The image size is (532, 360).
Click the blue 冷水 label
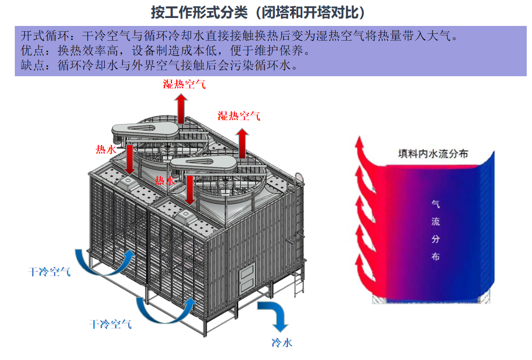[x=281, y=343]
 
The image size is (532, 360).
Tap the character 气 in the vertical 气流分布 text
[x=435, y=204]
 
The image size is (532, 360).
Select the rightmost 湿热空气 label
[x=239, y=116]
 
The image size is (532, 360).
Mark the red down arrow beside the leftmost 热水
[x=129, y=160]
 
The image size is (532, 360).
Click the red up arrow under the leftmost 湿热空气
[x=181, y=108]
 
